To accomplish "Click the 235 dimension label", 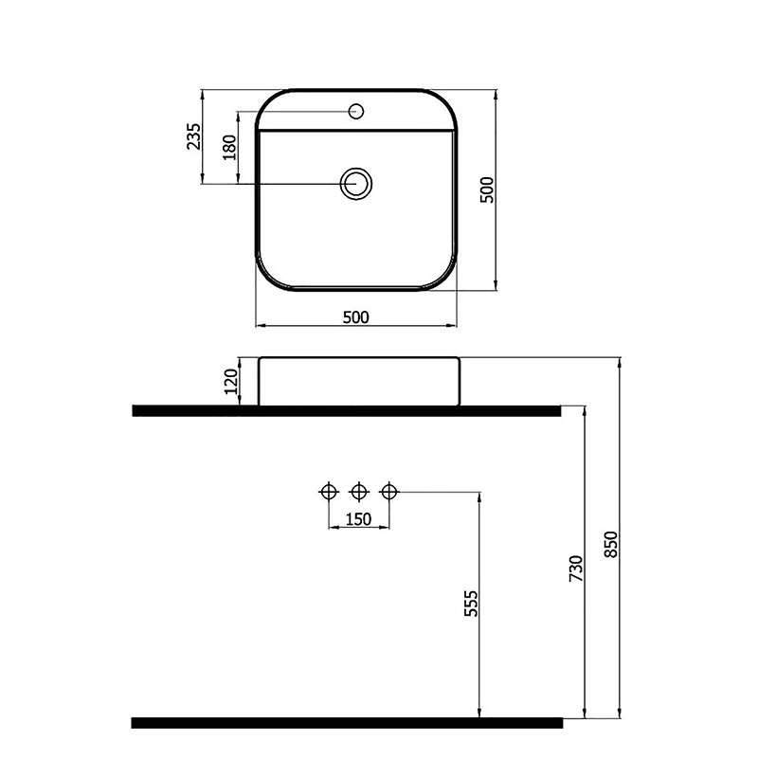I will (x=193, y=137).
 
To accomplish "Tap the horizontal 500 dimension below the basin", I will (x=355, y=316).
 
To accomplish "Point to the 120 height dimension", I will (x=228, y=382).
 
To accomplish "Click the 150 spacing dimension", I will (x=358, y=518).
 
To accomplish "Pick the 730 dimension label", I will (x=574, y=568).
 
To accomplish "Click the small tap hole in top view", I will (x=357, y=111).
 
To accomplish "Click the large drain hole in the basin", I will (x=357, y=183).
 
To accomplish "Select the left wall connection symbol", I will (x=329, y=491).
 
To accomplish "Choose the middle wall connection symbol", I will (x=358, y=491).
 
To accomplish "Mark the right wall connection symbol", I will (x=388, y=491).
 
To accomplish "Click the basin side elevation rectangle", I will (x=358, y=382).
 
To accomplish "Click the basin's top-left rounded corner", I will (x=264, y=100).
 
